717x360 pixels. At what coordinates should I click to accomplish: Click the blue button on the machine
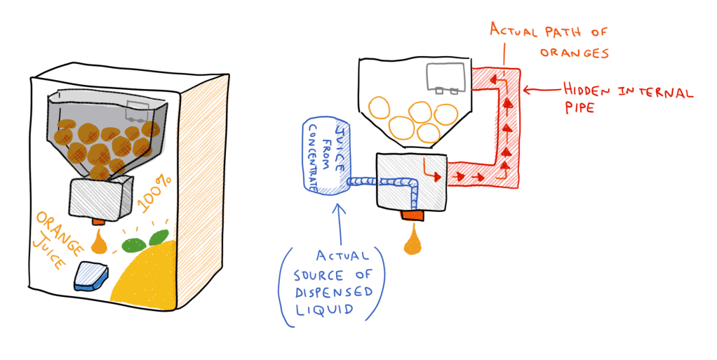tap(89, 276)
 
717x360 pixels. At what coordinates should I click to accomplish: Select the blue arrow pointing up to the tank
tap(340, 218)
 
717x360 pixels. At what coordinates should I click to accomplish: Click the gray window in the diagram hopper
tap(446, 76)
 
